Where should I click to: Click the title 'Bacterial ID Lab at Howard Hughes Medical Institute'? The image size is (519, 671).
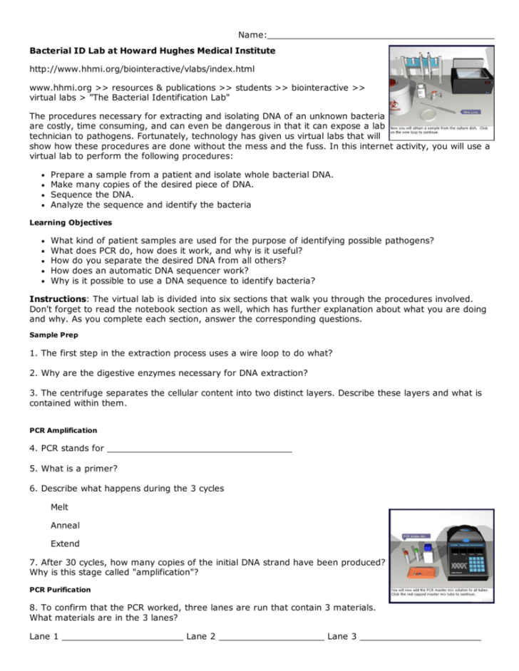coord(152,51)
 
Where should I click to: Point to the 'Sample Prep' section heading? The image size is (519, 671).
coord(54,334)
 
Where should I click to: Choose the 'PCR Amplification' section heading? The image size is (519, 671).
coord(63,430)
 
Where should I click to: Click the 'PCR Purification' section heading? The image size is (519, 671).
coord(61,589)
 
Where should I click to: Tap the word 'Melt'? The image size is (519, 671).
coord(60,507)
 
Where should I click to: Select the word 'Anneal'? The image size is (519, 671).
coord(65,526)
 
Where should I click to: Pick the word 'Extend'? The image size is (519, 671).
coord(65,543)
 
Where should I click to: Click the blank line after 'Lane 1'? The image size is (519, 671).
coord(122,637)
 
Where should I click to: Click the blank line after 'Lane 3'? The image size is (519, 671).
coord(420,637)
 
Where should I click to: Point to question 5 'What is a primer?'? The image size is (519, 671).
coord(74,469)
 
